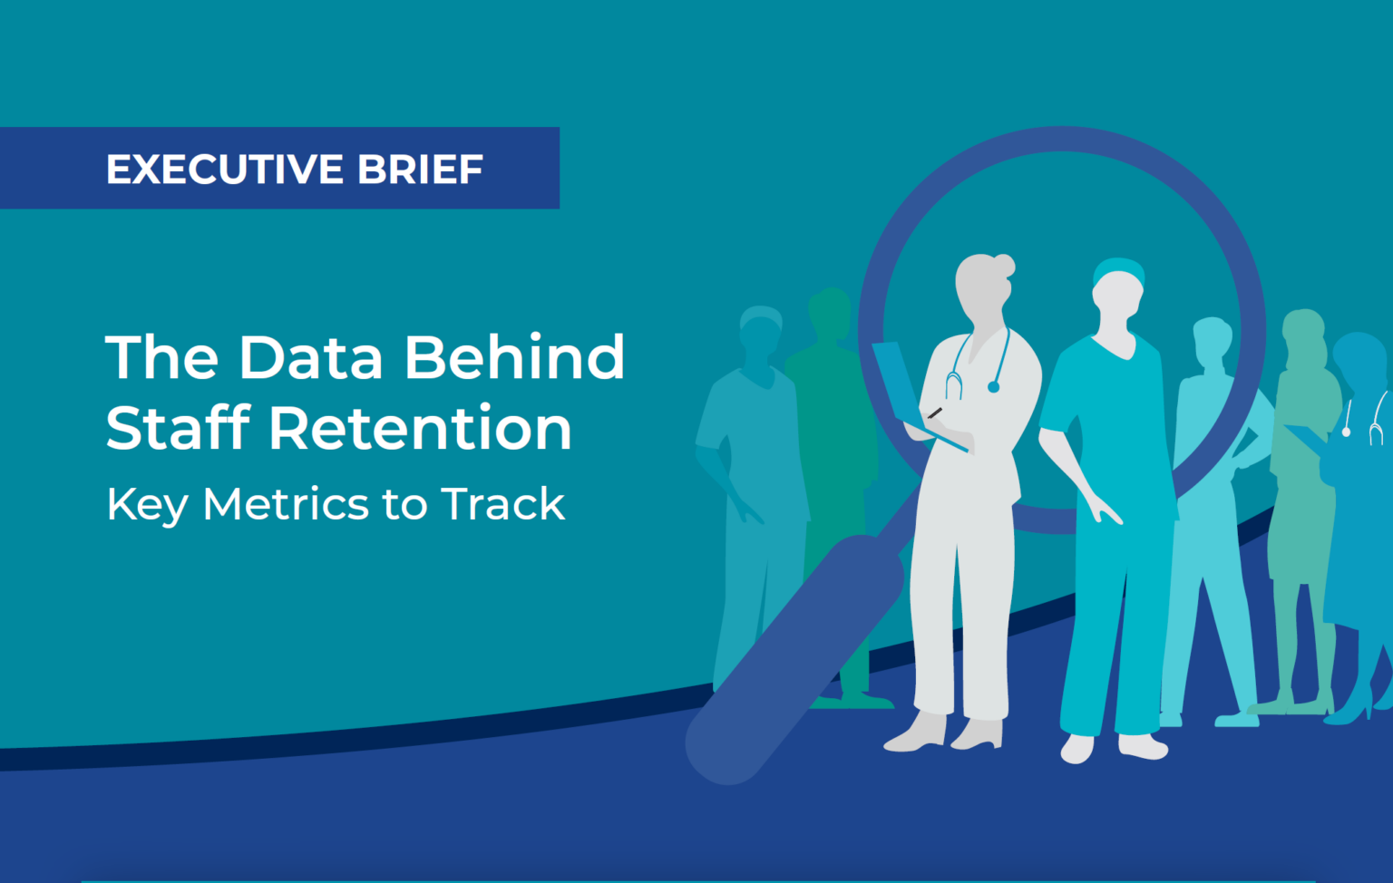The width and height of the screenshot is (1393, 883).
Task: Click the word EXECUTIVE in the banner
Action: pos(225,170)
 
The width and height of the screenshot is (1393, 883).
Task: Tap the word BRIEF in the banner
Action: pos(421,170)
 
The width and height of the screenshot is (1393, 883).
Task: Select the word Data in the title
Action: pos(310,357)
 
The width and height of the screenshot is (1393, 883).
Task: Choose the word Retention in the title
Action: pos(421,428)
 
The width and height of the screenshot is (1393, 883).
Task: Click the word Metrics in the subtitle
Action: pos(285,504)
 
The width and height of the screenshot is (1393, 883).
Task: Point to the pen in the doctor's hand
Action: pos(934,412)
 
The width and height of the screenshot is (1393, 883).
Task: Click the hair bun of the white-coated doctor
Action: pos(1004,266)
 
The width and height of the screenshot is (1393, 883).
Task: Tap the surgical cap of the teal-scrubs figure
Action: pos(1119,271)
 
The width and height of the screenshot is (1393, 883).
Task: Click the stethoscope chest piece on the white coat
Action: pos(993,387)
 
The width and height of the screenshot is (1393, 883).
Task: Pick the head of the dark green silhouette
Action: pos(830,313)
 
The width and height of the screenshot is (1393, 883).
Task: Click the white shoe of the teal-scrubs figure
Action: pos(1143,747)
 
